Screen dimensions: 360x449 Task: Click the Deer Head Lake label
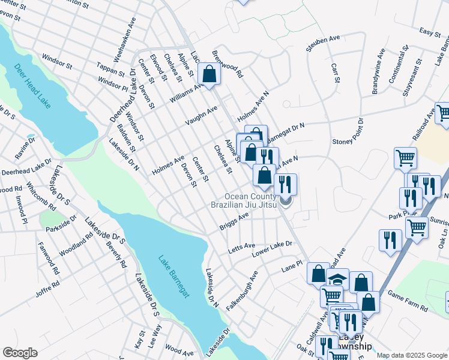(32, 86)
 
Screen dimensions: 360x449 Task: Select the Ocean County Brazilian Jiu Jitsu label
(250, 200)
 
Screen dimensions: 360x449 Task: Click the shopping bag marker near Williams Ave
(209, 76)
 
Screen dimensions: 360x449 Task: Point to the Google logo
(20, 353)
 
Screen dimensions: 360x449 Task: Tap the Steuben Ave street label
(324, 44)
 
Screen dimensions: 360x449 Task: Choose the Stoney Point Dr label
(348, 133)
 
